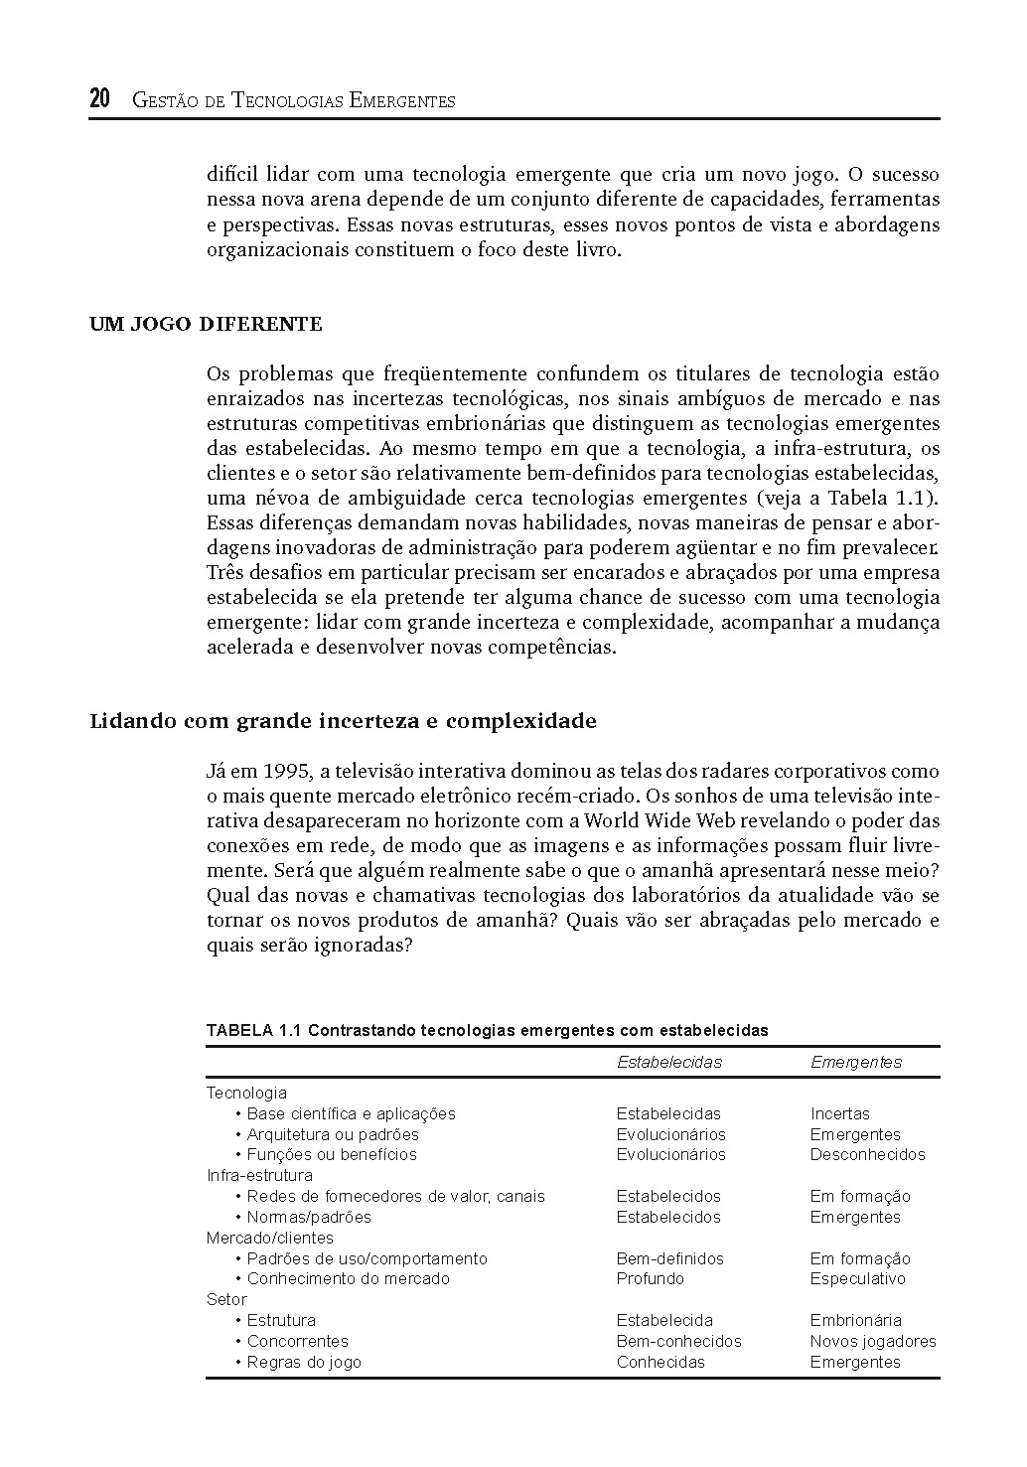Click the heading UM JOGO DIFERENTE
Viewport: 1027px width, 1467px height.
point(206,324)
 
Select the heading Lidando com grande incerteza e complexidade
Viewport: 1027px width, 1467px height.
point(343,720)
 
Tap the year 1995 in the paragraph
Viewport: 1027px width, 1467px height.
point(285,771)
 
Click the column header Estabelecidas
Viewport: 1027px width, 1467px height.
point(668,1062)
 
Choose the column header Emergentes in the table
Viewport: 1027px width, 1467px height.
point(855,1062)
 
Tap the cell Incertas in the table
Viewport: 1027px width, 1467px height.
point(839,1113)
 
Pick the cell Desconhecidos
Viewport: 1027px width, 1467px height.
point(867,1154)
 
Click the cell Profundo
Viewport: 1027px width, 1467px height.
point(650,1278)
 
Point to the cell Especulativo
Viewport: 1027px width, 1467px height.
point(857,1278)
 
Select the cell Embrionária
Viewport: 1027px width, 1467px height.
point(855,1320)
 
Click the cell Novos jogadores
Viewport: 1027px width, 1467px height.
point(872,1341)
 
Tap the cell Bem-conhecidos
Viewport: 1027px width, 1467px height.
point(678,1341)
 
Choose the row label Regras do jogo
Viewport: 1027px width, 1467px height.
point(304,1362)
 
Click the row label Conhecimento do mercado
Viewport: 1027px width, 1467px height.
point(348,1278)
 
